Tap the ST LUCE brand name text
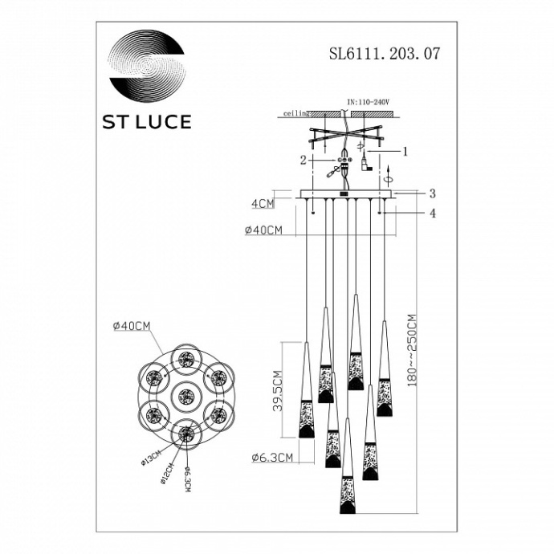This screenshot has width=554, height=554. (x=145, y=122)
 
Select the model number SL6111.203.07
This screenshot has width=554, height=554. (x=385, y=56)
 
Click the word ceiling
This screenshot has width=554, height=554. (x=297, y=115)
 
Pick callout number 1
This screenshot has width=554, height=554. (x=406, y=150)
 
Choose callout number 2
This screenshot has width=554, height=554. (x=303, y=160)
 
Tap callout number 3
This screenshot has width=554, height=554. (x=432, y=193)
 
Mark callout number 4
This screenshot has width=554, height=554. (x=432, y=213)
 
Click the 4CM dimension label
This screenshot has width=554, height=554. (x=262, y=204)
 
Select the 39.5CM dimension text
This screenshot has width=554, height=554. (x=276, y=390)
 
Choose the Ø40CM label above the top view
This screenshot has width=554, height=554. (x=132, y=325)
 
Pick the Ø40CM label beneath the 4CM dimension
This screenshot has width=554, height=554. (x=263, y=230)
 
